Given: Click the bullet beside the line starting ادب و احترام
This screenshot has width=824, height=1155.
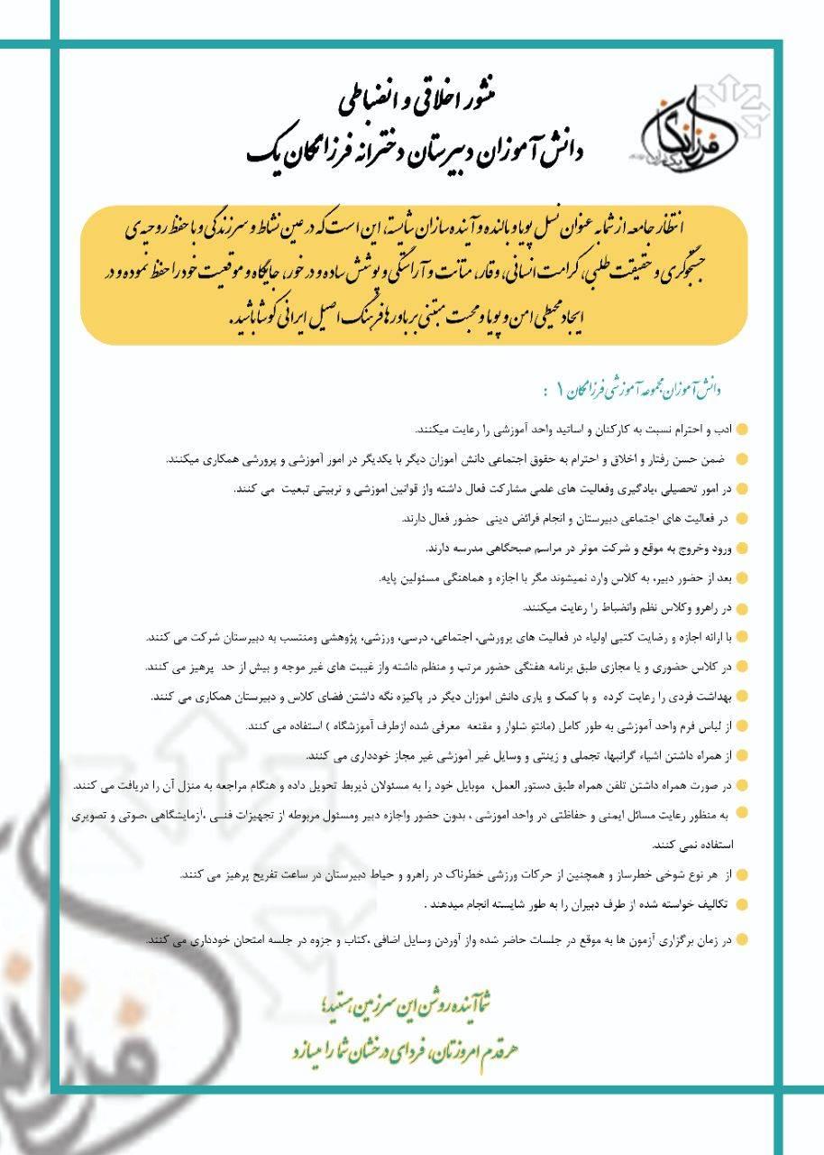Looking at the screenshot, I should click(741, 430).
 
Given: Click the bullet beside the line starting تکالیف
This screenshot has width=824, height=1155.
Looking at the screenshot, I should click(741, 904).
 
